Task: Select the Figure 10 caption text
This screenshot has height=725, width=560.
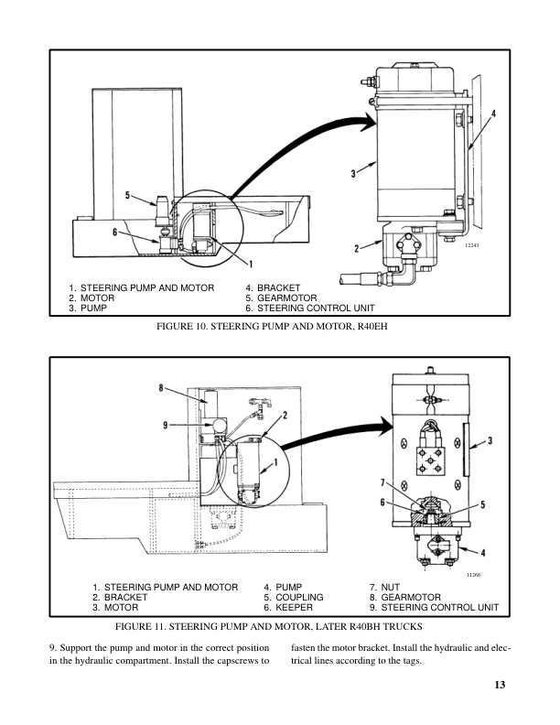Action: tap(280, 327)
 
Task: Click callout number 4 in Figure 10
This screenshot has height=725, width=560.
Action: tap(493, 114)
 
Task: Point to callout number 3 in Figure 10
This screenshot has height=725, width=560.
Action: tap(352, 172)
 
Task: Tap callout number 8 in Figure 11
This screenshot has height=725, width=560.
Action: tap(161, 388)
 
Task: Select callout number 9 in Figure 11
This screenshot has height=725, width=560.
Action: tap(167, 424)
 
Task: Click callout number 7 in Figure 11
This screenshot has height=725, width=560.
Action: tap(384, 482)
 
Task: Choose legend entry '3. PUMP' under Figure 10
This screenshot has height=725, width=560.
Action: tap(88, 308)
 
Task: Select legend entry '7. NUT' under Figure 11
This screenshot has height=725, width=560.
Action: tap(387, 586)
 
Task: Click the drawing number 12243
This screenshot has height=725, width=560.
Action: tap(471, 244)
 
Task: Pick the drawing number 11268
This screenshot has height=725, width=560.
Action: tap(473, 574)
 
